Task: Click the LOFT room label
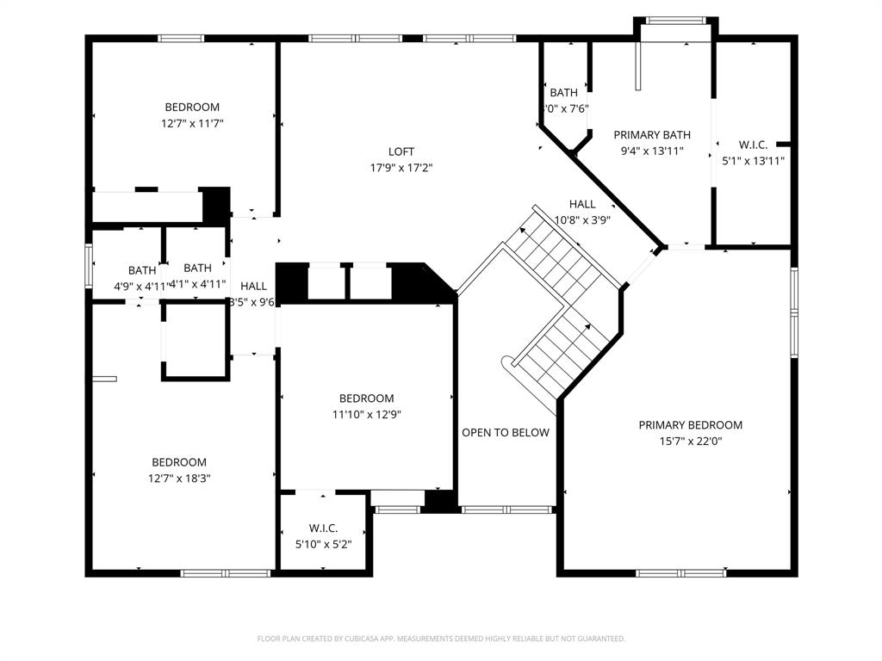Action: (401, 152)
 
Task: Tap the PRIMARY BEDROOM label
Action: (690, 425)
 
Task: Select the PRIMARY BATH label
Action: (651, 135)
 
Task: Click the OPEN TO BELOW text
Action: (505, 433)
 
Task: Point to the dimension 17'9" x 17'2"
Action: (401, 168)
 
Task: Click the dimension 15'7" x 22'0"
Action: (690, 441)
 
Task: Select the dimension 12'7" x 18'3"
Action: (179, 478)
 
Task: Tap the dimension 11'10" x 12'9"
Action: (366, 414)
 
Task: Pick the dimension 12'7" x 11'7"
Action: (192, 123)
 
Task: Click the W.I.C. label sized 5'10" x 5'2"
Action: (323, 528)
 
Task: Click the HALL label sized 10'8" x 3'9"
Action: (582, 204)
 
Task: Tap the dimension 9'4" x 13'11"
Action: (651, 151)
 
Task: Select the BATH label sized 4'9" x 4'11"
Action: (142, 269)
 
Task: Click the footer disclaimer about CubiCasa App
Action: (441, 639)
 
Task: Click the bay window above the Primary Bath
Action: (676, 21)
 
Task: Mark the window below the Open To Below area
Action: (506, 510)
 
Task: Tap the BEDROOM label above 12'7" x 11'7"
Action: (192, 108)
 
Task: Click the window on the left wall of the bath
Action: (88, 265)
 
